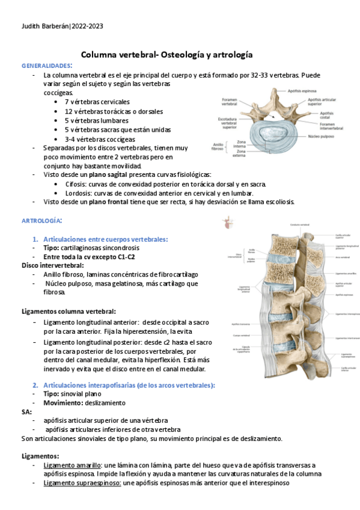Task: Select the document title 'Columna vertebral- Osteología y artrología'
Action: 166,54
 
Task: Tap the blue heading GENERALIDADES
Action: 46,65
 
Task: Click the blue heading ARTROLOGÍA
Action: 41,221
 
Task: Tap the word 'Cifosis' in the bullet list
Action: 76,183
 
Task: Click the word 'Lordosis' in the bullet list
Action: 78,192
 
